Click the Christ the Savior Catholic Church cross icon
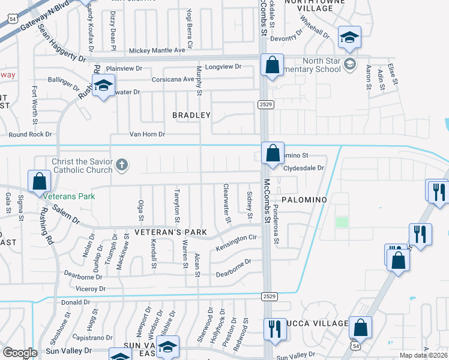click(122, 164)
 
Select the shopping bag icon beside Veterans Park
click(39, 181)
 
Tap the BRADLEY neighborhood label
click(191, 115)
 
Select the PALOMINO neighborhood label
click(304, 199)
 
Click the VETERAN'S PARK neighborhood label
click(170, 232)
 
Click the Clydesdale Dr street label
click(304, 169)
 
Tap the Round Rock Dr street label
click(31, 135)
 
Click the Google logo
click(20, 353)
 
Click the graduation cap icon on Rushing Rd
click(103, 86)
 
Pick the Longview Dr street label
click(223, 67)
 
